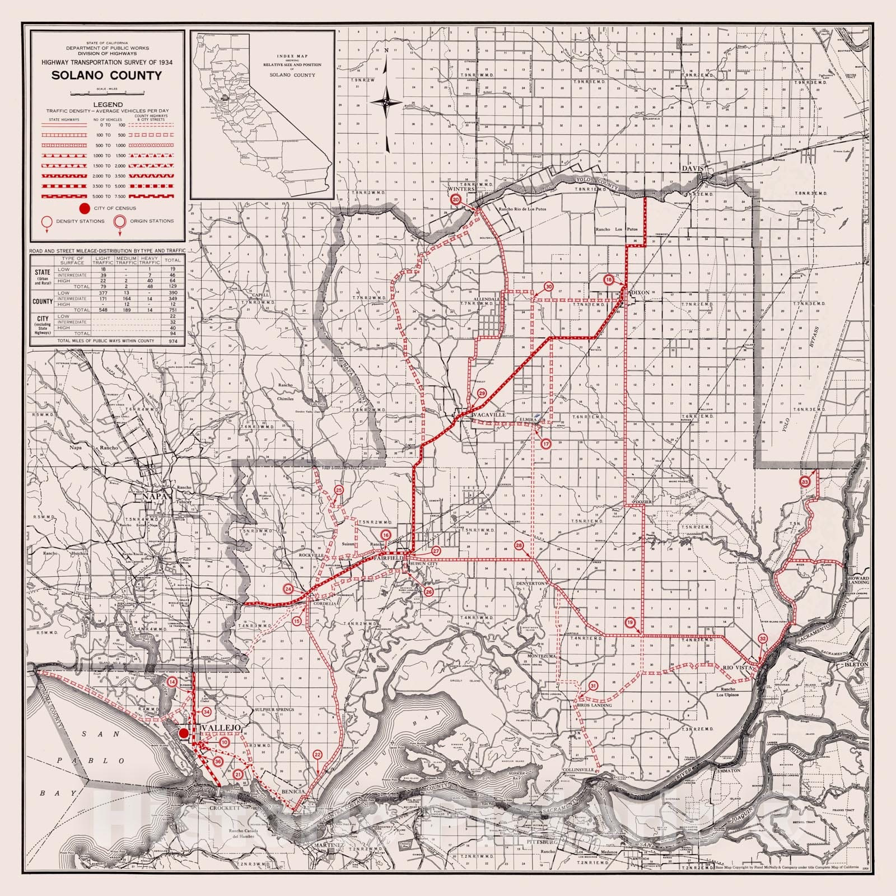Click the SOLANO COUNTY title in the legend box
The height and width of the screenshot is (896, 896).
pos(106,76)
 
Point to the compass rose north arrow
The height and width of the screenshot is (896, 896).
pos(386,101)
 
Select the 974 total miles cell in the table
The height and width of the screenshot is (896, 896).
pos(172,340)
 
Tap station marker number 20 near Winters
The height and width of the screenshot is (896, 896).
pos(456,199)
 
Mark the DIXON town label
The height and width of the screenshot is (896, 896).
pos(640,292)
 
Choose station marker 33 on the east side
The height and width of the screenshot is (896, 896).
pos(805,482)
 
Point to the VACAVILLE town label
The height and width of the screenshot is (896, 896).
pos(489,415)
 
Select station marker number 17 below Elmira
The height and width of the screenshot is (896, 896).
pos(546,444)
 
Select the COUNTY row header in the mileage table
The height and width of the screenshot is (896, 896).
pos(43,301)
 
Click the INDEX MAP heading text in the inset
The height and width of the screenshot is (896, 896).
pos(292,57)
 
